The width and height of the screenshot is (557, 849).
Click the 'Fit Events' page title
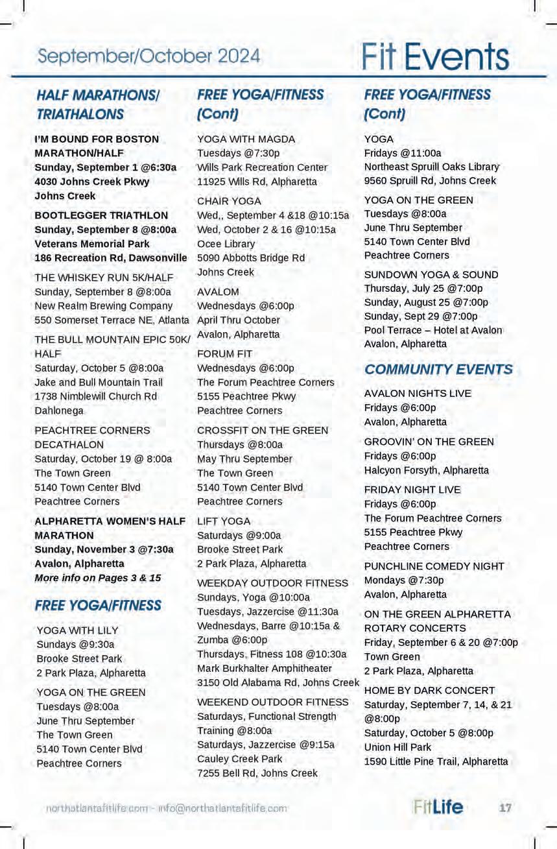tap(435, 57)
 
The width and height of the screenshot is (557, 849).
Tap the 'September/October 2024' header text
tap(148, 56)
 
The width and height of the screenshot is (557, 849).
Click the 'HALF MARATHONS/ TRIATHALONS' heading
tap(97, 104)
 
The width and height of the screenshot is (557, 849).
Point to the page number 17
tap(505, 807)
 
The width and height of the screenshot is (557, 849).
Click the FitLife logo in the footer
tap(438, 807)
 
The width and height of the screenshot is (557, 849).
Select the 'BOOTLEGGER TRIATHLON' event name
tap(101, 215)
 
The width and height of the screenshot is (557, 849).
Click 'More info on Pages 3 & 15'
tap(97, 578)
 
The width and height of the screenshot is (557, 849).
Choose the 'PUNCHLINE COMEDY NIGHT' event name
tap(434, 566)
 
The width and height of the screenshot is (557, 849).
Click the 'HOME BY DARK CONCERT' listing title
tap(429, 691)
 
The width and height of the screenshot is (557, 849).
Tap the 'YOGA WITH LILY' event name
tap(77, 630)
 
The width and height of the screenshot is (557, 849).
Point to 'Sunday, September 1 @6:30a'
tap(105, 167)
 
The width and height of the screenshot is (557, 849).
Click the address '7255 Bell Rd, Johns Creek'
tap(257, 773)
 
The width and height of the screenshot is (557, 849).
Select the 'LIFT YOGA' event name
tap(224, 521)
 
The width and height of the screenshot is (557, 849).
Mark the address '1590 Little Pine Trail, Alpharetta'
tap(436, 761)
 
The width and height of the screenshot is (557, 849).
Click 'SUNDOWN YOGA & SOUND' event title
tap(431, 274)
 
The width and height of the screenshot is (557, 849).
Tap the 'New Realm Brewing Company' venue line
tap(103, 306)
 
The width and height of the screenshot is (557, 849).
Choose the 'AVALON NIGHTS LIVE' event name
tap(418, 394)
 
